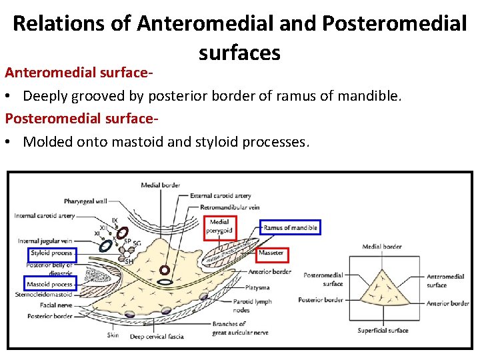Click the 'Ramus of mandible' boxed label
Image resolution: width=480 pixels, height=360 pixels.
coord(290,228)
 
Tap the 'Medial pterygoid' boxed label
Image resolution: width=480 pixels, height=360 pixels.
coord(219,227)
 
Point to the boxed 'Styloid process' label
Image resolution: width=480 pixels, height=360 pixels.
coord(52,253)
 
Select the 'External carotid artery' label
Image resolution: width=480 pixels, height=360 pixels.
coord(221,196)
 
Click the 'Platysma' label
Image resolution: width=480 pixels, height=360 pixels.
coord(257,287)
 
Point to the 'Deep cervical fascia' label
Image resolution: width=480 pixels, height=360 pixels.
coord(157,337)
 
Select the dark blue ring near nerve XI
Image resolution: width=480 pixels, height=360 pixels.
coord(105,245)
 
